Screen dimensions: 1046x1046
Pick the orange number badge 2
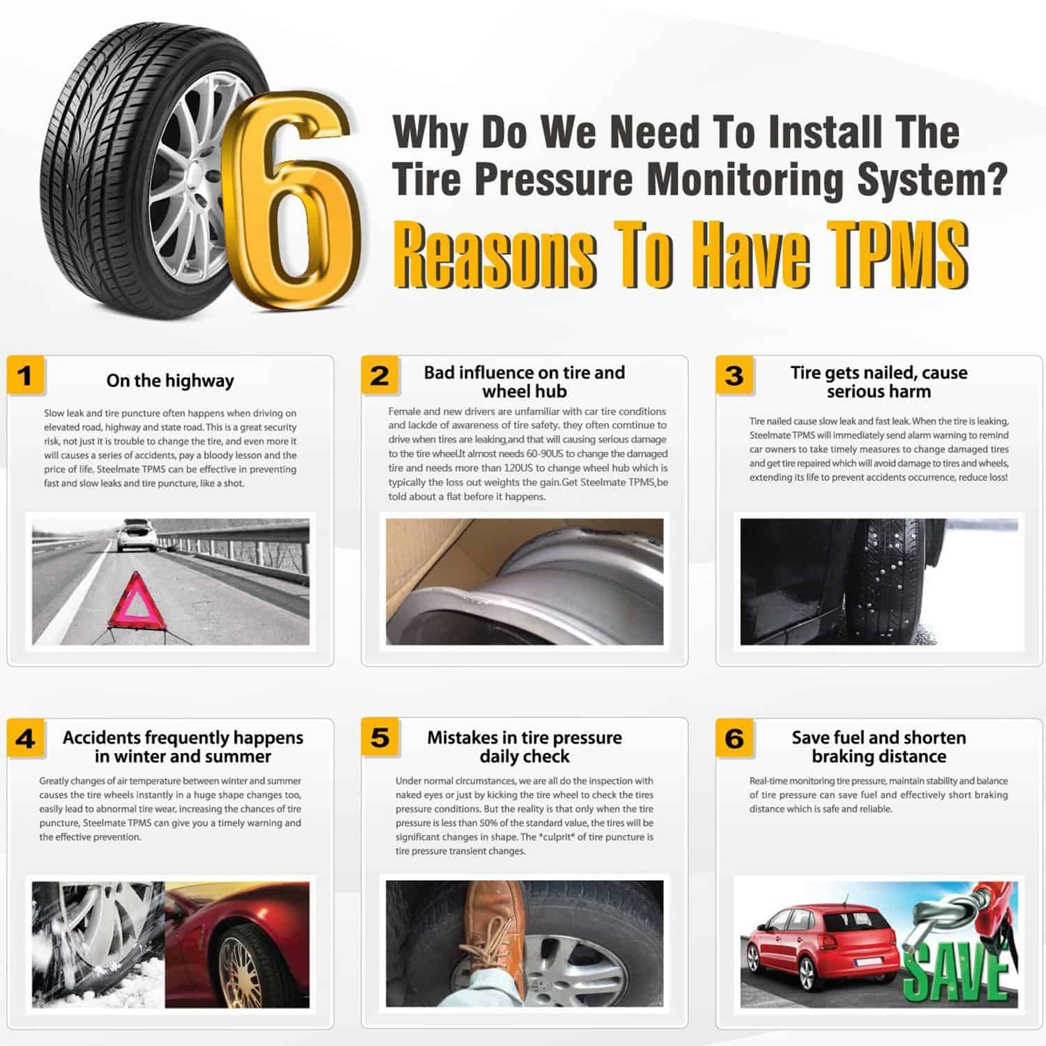pos(380,375)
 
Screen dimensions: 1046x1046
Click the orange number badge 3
pos(734,375)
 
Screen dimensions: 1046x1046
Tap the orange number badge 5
pos(380,738)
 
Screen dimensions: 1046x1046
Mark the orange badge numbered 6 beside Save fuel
pos(734,738)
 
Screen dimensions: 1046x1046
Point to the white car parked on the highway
pos(135,536)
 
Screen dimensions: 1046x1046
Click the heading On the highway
pos(170,381)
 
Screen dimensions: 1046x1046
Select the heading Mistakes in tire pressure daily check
pos(524,747)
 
